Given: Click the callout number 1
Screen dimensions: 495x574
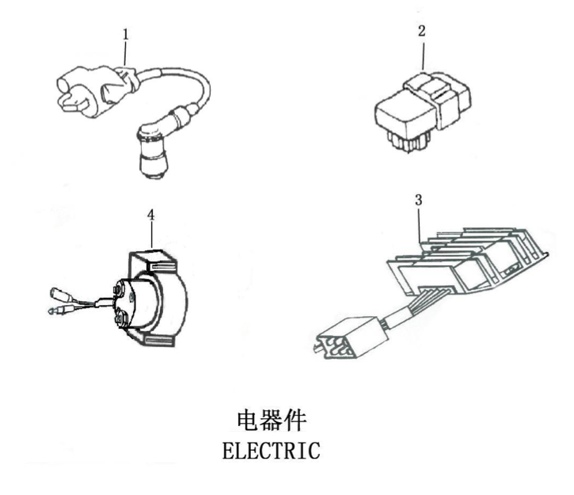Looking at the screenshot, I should click(x=125, y=34).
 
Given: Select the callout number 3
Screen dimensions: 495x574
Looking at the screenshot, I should click(x=418, y=200).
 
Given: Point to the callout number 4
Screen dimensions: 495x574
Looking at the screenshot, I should click(x=150, y=214).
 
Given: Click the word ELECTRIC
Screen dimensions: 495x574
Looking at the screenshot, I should click(x=272, y=451).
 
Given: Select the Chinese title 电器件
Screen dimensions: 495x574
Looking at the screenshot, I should click(x=272, y=421).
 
